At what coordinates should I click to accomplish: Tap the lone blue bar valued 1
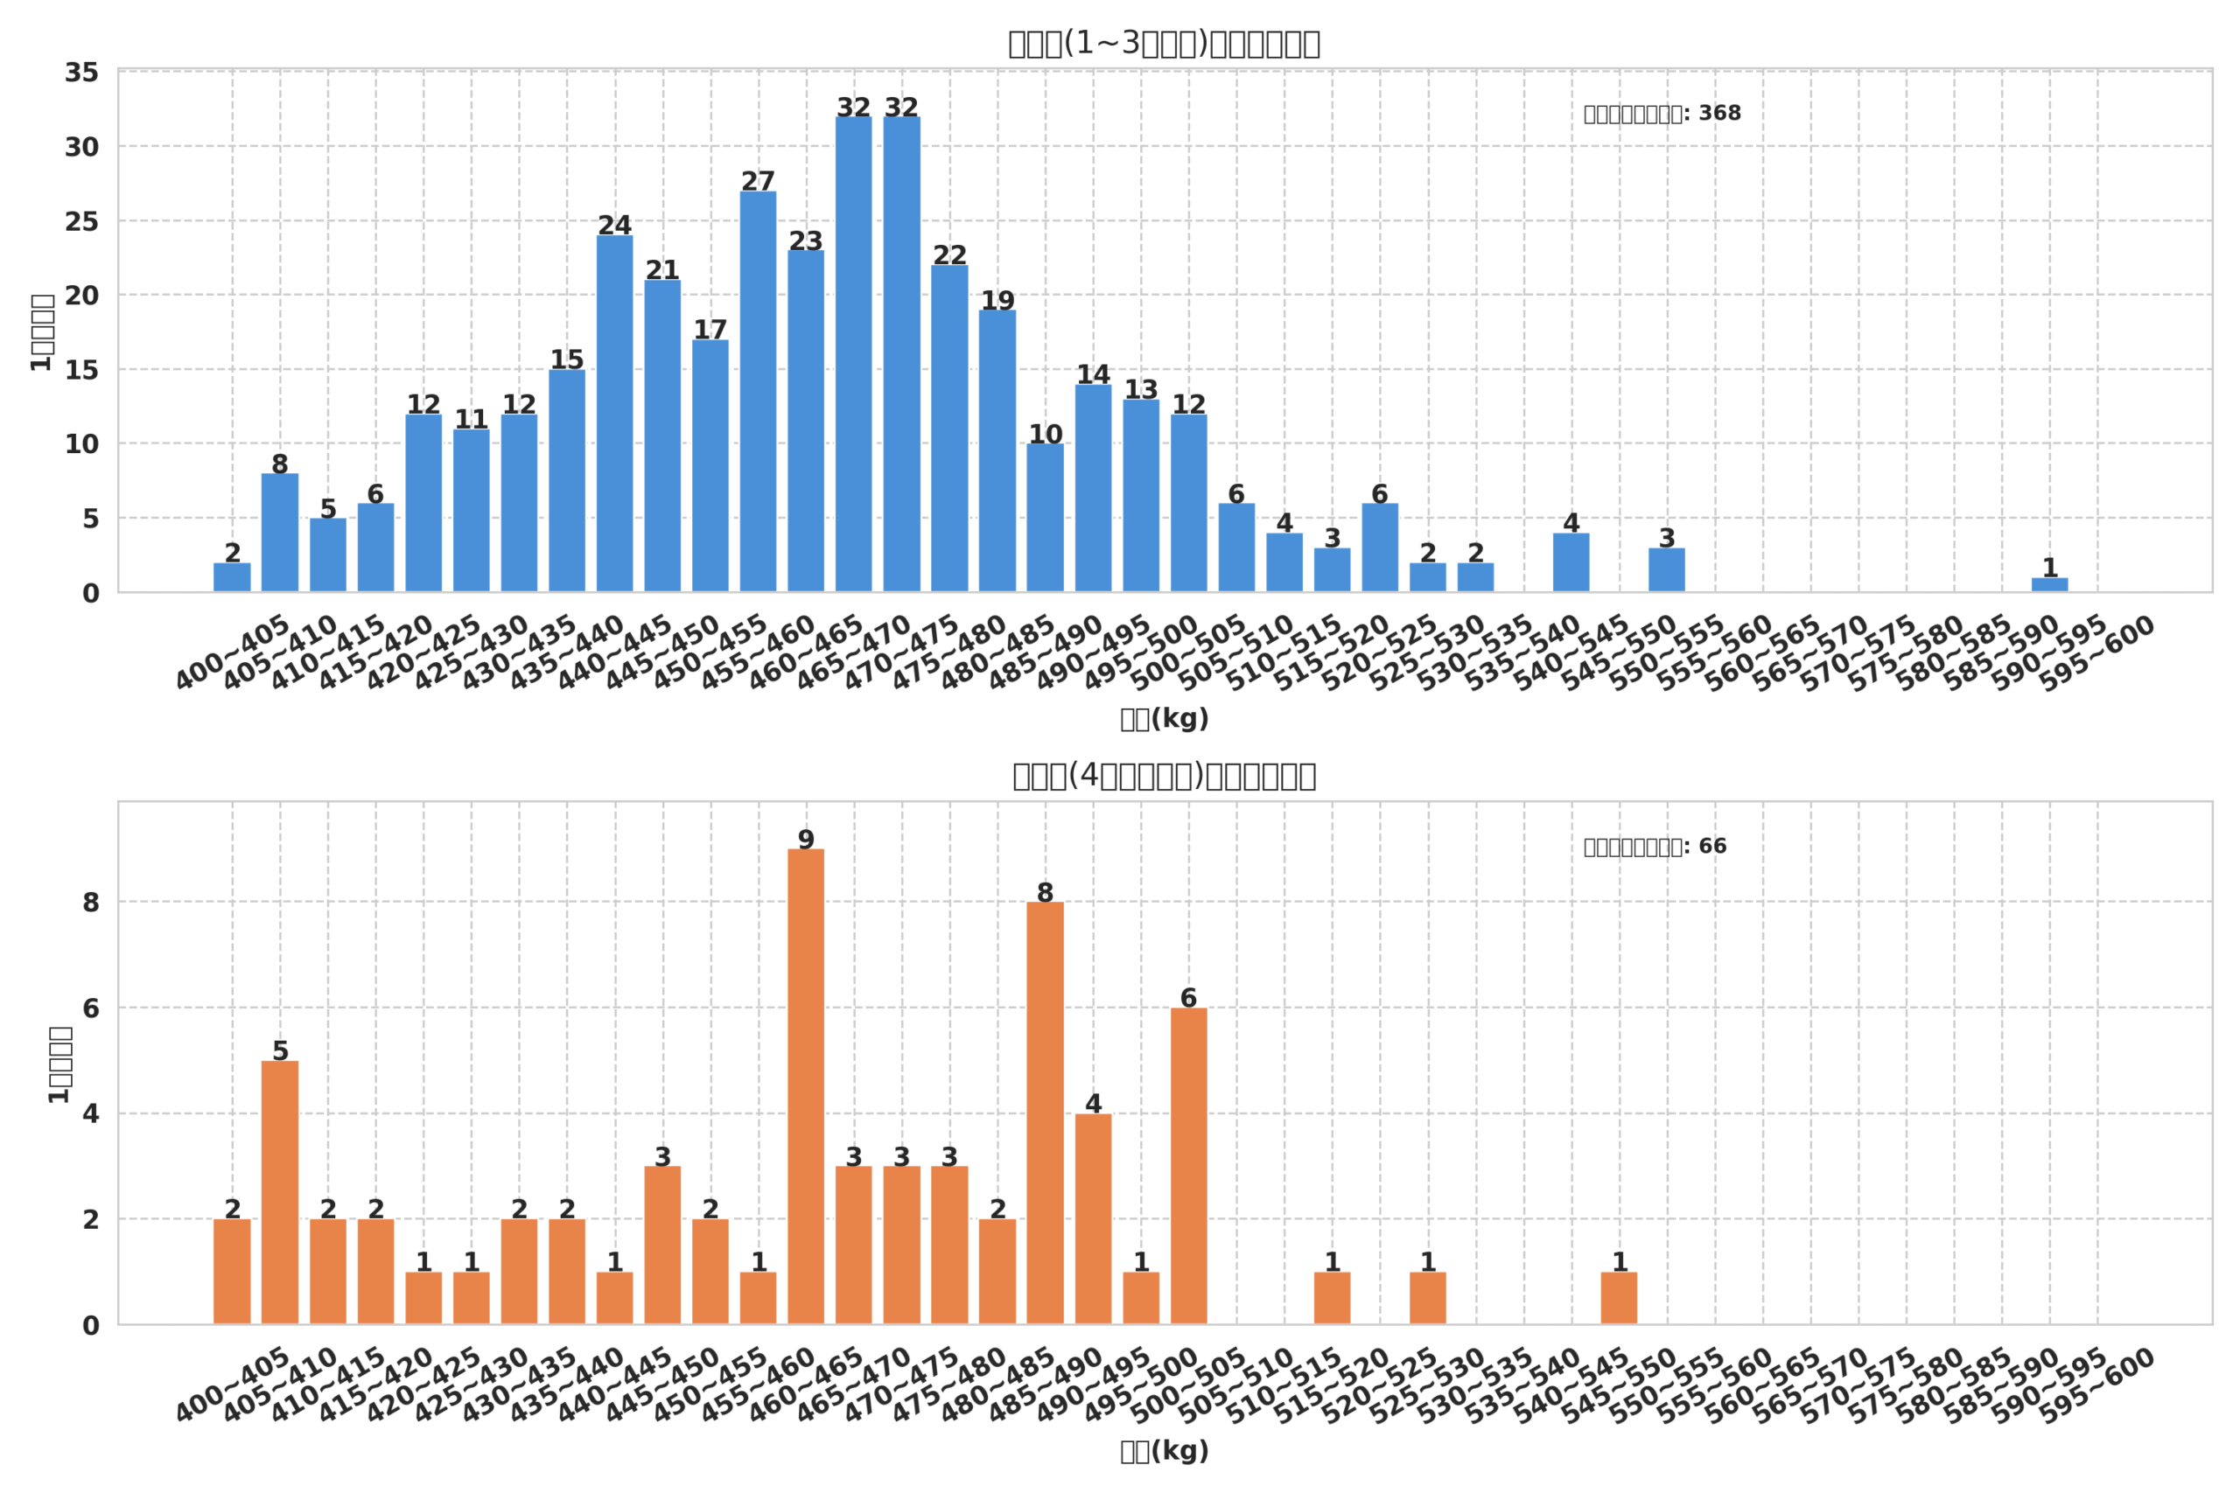(x=2049, y=584)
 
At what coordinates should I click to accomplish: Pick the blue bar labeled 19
(x=997, y=450)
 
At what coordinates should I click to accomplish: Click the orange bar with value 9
(x=806, y=1086)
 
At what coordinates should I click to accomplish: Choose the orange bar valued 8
(x=1045, y=1113)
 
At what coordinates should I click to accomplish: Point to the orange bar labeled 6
(x=1188, y=1166)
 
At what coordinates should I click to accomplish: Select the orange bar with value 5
(x=280, y=1192)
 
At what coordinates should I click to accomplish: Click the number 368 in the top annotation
(x=1719, y=114)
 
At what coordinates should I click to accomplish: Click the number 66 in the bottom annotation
(x=1712, y=847)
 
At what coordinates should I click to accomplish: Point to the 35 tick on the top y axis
(x=82, y=73)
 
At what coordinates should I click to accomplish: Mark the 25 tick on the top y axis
(x=82, y=222)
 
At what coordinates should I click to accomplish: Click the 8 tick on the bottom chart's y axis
(x=90, y=903)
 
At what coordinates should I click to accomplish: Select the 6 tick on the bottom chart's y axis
(x=90, y=1008)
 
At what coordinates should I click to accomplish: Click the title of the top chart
(x=1164, y=44)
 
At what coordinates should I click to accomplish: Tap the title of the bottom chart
(x=1164, y=776)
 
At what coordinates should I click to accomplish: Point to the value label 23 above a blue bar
(x=806, y=241)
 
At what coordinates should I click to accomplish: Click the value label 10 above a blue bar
(x=1045, y=434)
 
